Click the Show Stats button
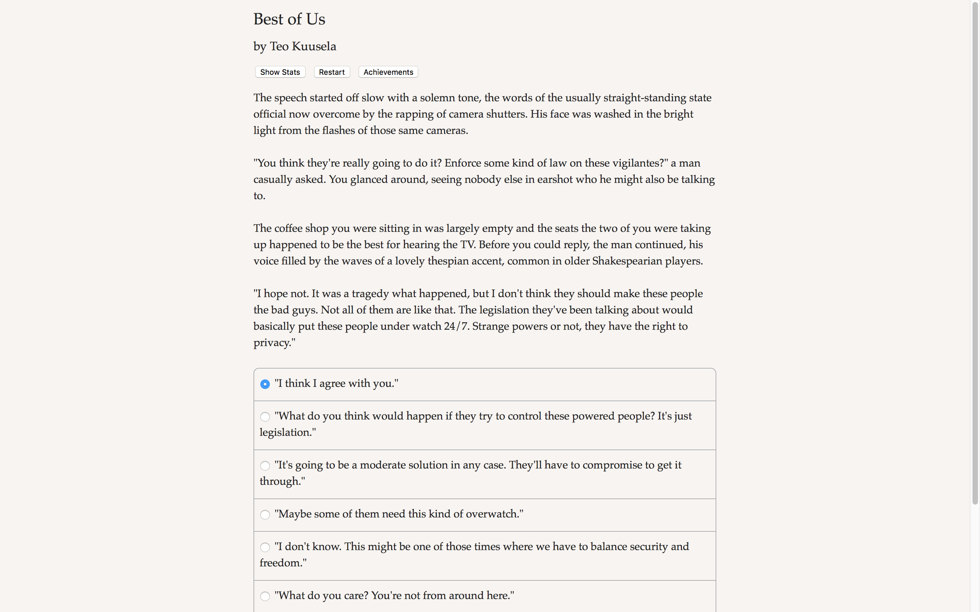pos(280,72)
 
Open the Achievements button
pos(388,72)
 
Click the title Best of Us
pos(289,19)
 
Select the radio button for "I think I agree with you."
pos(265,384)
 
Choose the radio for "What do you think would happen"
pos(265,417)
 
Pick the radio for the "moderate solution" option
pos(265,465)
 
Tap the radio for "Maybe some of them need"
pos(265,514)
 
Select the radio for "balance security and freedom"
pos(265,547)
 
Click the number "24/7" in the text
pos(456,326)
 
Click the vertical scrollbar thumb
pos(975,253)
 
